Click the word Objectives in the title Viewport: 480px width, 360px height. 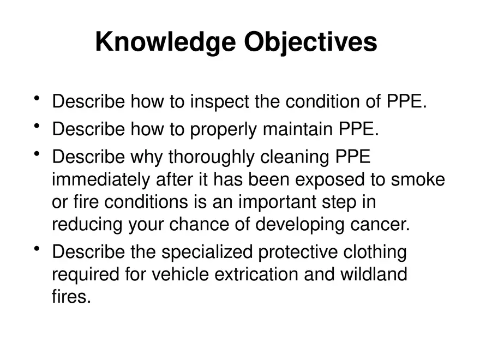tap(310, 42)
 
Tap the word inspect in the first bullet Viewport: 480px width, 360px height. tap(219, 102)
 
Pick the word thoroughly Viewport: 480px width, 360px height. tap(211, 157)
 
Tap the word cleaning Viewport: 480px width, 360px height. tap(294, 157)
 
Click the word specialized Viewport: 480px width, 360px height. tap(207, 253)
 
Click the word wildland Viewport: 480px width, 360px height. tap(374, 274)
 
